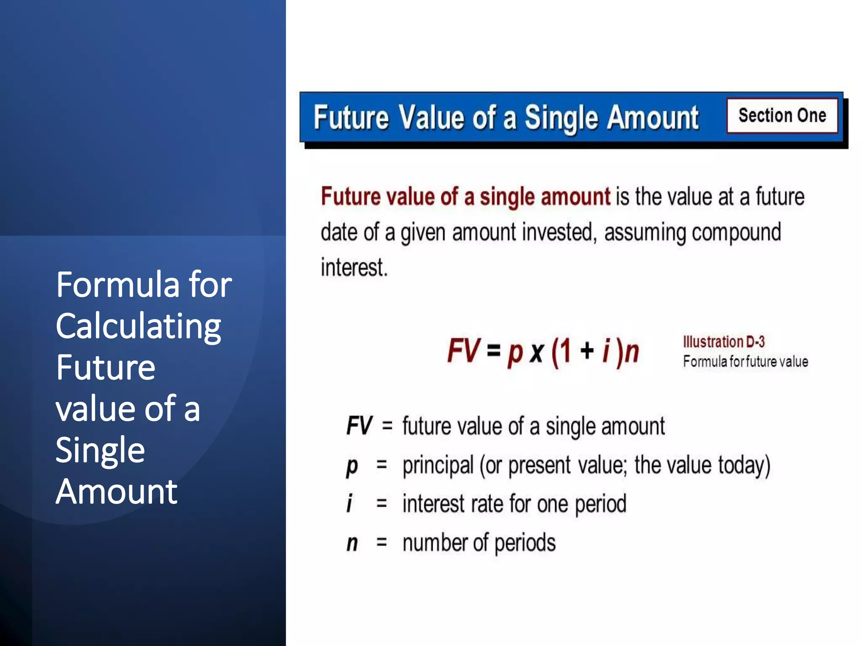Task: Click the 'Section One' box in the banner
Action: pyautogui.click(x=782, y=116)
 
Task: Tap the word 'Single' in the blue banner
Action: pyautogui.click(x=561, y=118)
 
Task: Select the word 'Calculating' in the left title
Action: pyautogui.click(x=138, y=326)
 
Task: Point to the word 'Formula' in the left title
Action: pyautogui.click(x=118, y=285)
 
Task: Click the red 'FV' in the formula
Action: pyautogui.click(x=463, y=350)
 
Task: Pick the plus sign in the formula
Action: pyautogui.click(x=587, y=350)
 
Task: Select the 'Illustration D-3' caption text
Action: pyautogui.click(x=724, y=342)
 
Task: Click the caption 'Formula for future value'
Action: pyautogui.click(x=745, y=361)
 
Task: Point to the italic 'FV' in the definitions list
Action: pyautogui.click(x=359, y=426)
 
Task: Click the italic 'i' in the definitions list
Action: pyautogui.click(x=349, y=503)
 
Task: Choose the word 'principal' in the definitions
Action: pyautogui.click(x=438, y=466)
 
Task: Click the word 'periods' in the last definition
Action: pyautogui.click(x=525, y=543)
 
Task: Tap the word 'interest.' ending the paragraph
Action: pyautogui.click(x=354, y=267)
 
